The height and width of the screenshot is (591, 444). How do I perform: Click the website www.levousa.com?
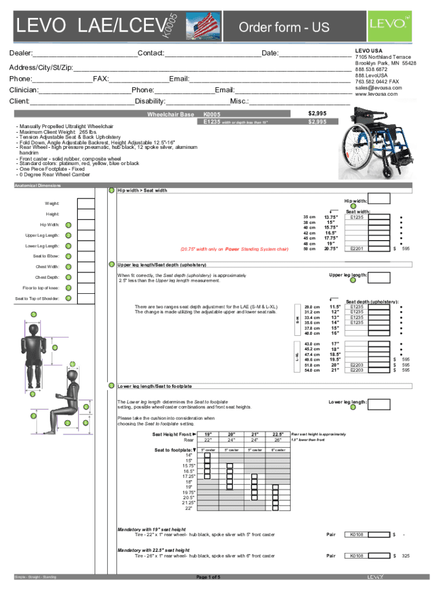(377, 94)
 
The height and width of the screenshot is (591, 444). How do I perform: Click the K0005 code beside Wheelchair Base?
(212, 114)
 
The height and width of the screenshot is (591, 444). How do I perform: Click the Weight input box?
(85, 203)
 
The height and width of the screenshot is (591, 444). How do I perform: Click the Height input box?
(85, 214)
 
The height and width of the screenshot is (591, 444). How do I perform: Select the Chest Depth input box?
(85, 277)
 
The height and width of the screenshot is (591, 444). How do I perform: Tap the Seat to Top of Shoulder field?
(85, 298)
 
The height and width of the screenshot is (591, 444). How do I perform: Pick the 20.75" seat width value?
(330, 249)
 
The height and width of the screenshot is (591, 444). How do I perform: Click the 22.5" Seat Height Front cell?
(278, 435)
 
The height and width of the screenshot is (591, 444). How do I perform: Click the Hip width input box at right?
(379, 198)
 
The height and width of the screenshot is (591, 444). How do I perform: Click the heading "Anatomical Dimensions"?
(37, 186)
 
